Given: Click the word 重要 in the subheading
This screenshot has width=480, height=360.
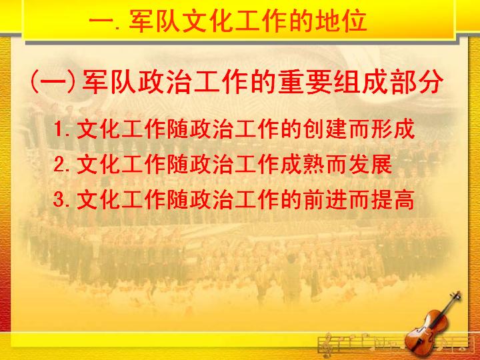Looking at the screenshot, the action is [x=304, y=82].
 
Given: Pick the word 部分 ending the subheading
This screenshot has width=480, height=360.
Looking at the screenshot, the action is [x=416, y=82].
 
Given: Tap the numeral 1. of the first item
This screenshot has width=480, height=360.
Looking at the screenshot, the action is [x=61, y=129].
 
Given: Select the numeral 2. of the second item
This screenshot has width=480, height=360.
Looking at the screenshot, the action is [x=61, y=165].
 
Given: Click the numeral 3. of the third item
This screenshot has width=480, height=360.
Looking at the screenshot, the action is [x=61, y=200].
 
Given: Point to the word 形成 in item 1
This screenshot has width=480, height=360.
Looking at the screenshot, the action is [x=393, y=129].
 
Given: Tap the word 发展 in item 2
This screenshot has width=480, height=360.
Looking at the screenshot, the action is [x=370, y=164].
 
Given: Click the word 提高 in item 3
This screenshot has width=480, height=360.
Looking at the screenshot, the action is [x=393, y=199].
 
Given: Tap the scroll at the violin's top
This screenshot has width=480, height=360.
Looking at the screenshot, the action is [x=457, y=295].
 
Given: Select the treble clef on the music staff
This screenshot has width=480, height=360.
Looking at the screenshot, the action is [x=326, y=345].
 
